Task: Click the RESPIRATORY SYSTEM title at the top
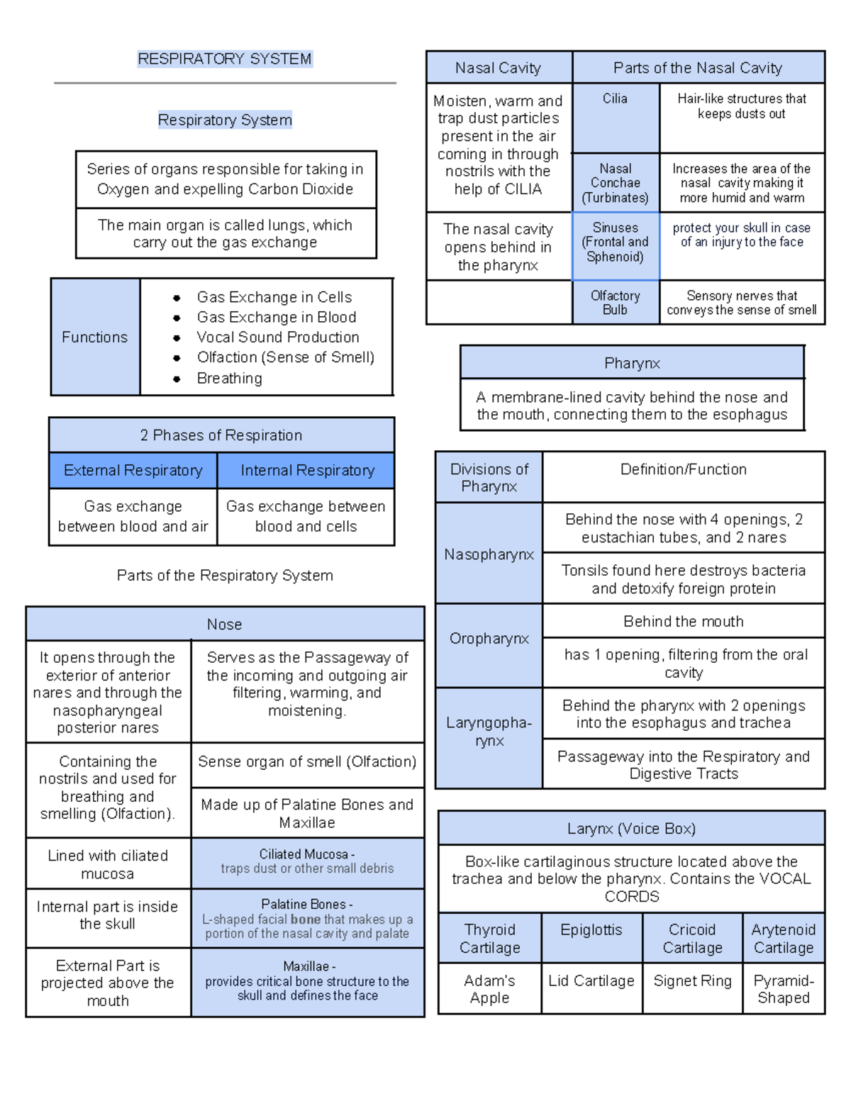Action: [x=225, y=59]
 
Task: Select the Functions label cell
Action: [x=95, y=337]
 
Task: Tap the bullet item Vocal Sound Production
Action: [x=277, y=337]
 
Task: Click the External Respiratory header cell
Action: [x=133, y=471]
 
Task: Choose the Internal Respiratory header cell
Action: [x=307, y=471]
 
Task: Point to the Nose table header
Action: [x=225, y=625]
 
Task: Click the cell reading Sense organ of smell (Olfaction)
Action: [x=307, y=762]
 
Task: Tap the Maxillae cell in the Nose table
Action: [x=307, y=981]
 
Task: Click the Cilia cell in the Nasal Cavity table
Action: [x=615, y=99]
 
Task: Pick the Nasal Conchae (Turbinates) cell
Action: [x=615, y=183]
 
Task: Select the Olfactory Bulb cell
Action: [x=615, y=303]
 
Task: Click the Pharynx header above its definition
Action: [x=632, y=364]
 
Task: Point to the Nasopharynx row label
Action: [x=489, y=554]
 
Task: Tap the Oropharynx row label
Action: [x=489, y=639]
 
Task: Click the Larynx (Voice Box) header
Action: [x=631, y=829]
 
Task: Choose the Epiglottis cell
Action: [x=591, y=930]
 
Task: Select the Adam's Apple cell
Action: [x=489, y=989]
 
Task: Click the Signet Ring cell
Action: [x=692, y=981]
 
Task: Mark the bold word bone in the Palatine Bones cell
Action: [x=306, y=920]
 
